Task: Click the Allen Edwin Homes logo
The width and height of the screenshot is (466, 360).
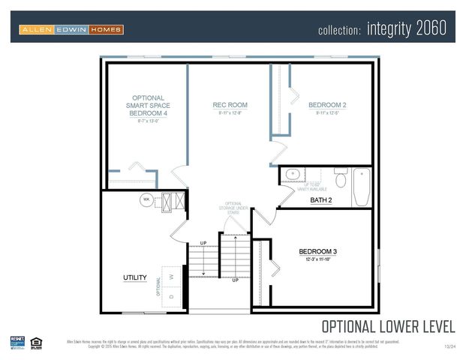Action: coord(71,30)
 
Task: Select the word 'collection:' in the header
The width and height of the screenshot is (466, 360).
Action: coord(340,31)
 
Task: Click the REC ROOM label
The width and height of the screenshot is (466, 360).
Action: coord(230,106)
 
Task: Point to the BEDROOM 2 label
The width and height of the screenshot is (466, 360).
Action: coord(327,106)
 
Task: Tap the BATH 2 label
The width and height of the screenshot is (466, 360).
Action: coord(320,200)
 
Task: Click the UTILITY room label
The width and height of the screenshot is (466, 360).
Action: coord(135,278)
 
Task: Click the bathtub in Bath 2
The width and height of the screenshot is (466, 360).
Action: coord(361,186)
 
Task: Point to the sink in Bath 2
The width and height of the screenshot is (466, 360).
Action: coord(292,175)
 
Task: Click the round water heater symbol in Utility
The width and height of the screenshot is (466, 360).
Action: coord(146,200)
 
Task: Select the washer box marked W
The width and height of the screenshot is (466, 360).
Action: coord(172,276)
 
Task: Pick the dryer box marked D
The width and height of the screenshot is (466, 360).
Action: coord(172,298)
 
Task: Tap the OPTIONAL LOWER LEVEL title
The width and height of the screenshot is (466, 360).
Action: coord(388,326)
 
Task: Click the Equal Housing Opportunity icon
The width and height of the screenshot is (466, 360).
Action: coord(36,343)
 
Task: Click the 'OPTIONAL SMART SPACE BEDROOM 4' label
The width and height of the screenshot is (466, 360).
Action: coord(147,106)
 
